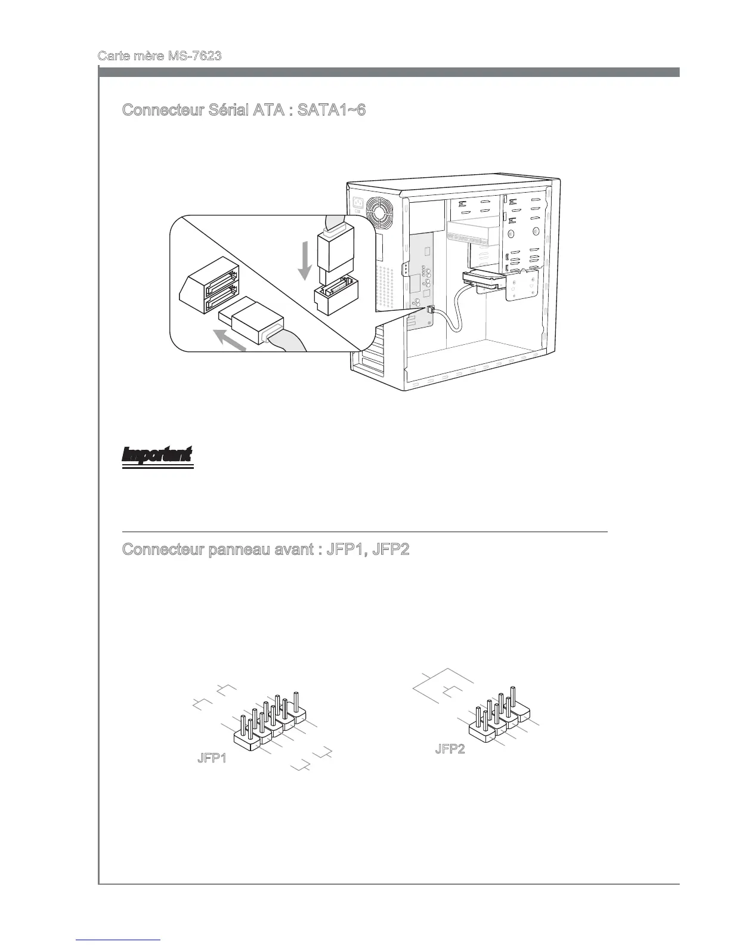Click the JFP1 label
coord(212,759)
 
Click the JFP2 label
coord(450,749)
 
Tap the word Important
coord(157,455)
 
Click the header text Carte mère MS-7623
coord(160,56)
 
